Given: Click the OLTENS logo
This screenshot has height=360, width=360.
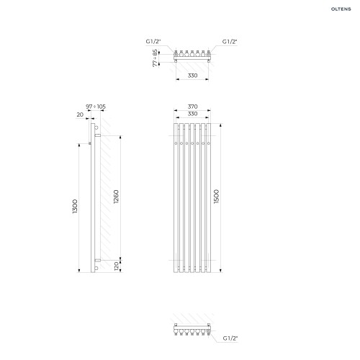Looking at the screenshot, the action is (x=341, y=9).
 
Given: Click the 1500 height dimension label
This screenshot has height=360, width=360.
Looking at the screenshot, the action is (x=216, y=197).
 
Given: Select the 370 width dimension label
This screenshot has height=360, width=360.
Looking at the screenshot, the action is (x=192, y=107).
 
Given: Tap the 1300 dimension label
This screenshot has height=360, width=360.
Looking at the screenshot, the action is (x=75, y=206).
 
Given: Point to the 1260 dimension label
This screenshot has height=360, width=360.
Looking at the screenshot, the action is (x=116, y=197).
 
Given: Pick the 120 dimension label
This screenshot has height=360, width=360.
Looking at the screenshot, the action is (x=117, y=266).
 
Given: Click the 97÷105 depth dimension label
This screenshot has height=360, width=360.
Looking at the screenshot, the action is (x=96, y=107).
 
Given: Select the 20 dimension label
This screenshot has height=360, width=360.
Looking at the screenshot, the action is (x=80, y=114).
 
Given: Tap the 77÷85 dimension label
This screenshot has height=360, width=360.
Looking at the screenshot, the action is (x=156, y=58).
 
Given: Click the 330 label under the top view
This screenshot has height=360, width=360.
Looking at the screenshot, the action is (x=192, y=76).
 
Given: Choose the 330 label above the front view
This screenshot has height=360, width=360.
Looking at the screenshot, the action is (x=192, y=114).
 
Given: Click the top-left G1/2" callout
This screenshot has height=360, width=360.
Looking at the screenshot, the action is (x=153, y=41).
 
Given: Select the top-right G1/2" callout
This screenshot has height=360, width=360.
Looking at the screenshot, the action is (x=230, y=42).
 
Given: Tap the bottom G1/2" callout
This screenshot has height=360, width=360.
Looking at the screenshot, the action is (x=230, y=338).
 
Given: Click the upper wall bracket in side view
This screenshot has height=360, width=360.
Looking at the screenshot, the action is (x=98, y=135).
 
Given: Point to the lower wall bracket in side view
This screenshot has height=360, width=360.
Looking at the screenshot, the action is (x=98, y=260).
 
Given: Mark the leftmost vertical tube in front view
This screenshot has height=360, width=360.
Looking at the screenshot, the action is (x=176, y=198).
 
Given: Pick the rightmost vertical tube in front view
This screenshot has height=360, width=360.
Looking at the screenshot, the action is (x=209, y=198).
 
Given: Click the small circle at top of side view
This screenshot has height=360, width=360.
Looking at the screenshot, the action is (x=96, y=127).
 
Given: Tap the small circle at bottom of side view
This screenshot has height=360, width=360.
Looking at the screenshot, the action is (x=96, y=268).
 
